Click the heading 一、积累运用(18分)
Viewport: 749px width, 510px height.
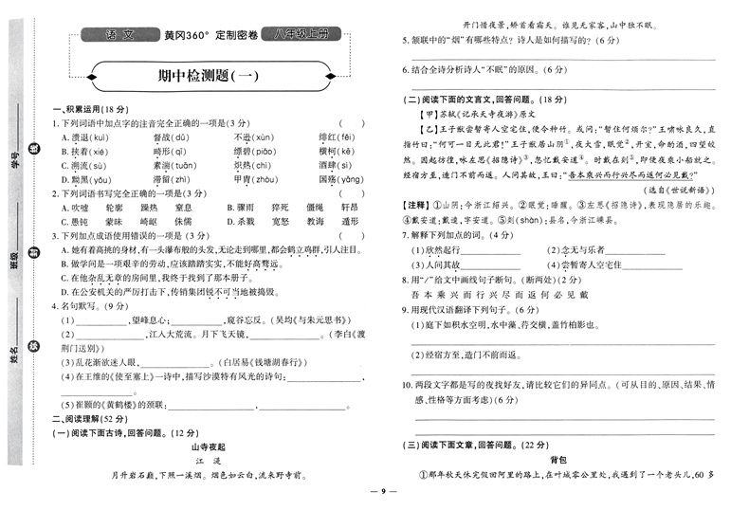[87, 110]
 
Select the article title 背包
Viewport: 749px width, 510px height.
[558, 459]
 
